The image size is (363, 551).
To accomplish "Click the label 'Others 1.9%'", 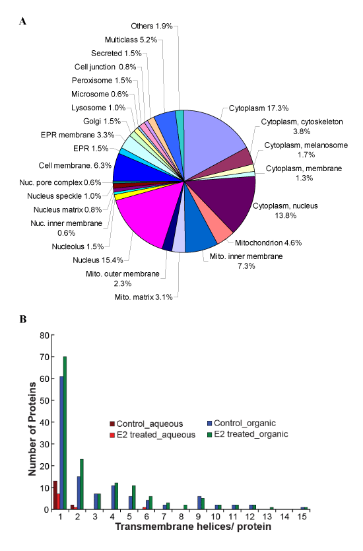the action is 152,26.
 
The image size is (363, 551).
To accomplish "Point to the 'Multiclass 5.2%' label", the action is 131,40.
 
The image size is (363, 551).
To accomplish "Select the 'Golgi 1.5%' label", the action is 102,122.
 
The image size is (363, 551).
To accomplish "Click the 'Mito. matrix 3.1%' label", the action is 144,297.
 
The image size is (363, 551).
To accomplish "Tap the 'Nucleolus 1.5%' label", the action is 78,246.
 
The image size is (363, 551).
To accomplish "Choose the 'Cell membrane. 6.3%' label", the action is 75,166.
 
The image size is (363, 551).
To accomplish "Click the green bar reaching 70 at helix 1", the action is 65,433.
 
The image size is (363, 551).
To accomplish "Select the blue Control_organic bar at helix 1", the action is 61,443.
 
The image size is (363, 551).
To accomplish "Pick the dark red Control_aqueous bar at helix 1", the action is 55,495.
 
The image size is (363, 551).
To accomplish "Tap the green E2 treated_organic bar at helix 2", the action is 82,484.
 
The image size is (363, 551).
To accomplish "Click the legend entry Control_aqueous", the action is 147,423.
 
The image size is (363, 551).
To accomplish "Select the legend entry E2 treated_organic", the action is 248,434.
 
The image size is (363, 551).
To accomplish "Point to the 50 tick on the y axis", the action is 45,400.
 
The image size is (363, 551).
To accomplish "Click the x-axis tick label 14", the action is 284,517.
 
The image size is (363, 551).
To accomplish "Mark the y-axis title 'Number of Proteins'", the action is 32,429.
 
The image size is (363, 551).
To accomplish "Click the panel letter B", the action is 23,319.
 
